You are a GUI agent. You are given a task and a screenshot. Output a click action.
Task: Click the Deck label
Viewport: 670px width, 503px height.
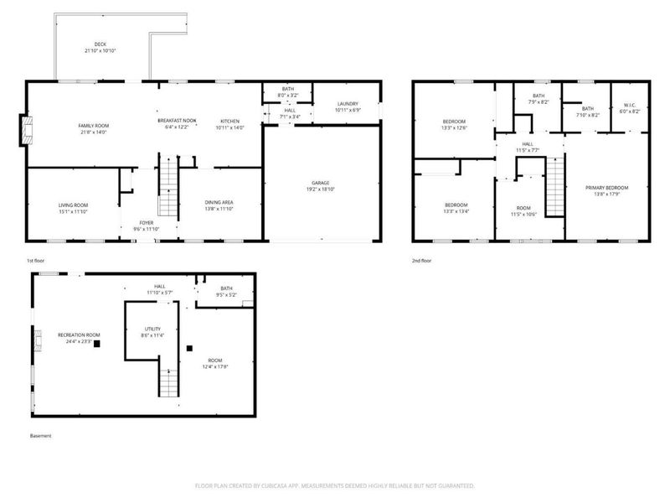100,44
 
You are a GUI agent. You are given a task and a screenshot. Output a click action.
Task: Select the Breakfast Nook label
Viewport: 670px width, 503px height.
177,121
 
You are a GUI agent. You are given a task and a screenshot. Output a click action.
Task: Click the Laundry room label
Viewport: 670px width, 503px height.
347,105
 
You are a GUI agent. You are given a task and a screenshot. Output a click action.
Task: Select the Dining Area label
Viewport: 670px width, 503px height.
219,202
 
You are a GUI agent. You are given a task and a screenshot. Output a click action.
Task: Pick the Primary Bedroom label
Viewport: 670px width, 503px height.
606,187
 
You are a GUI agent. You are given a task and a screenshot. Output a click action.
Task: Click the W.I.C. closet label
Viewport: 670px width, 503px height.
629,105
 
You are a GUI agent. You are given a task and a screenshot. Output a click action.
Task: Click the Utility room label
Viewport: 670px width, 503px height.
152,329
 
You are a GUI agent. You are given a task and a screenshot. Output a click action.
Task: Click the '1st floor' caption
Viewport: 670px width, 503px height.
35,262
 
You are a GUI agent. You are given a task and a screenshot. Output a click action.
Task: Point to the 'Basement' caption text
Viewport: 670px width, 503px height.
40,436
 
